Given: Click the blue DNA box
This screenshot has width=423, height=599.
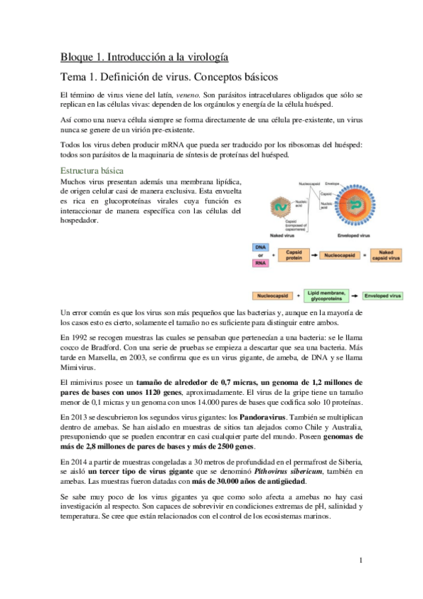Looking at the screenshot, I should click(x=259, y=248).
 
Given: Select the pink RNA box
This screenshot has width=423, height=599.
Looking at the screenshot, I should click(x=259, y=262).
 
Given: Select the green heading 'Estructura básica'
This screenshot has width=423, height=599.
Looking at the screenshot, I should click(x=93, y=172).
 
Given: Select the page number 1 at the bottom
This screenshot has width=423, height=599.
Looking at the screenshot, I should click(x=360, y=561).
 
